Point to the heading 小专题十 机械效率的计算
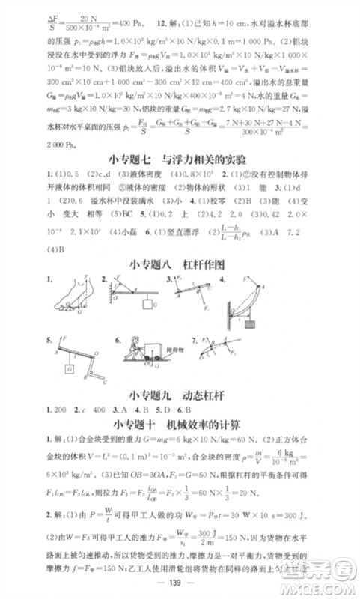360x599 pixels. (180, 425)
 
